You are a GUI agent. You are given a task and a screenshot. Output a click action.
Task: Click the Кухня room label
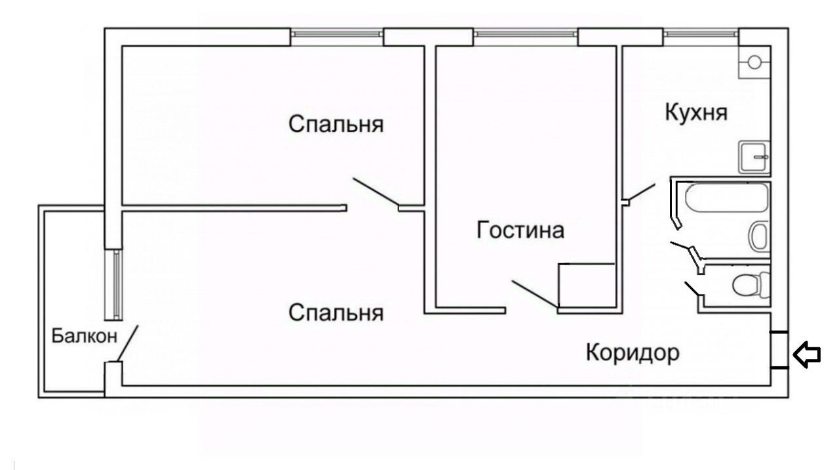point(696,112)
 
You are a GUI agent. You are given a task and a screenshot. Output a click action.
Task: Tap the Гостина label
point(520,231)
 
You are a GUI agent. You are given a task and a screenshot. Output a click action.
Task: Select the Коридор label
point(632,354)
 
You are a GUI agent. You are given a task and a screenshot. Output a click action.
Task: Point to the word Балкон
point(85,337)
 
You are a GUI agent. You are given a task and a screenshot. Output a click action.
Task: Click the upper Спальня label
point(336,124)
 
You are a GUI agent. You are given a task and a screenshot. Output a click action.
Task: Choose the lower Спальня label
point(336,312)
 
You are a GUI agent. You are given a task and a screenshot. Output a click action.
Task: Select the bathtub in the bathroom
point(726,197)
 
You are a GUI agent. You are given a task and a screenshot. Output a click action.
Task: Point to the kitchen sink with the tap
point(754,157)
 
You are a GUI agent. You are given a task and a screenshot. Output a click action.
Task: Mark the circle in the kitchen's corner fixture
point(754,62)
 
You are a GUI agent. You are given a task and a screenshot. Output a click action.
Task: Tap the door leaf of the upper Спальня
point(375,193)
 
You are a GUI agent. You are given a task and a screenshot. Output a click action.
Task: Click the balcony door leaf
point(128,343)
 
